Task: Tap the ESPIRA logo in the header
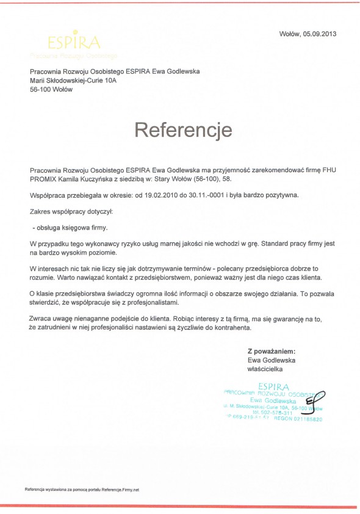tap(74, 42)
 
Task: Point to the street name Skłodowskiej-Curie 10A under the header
tap(81, 80)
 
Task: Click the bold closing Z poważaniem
tap(272, 352)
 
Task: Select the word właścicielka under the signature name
tap(265, 369)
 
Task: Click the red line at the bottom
tap(180, 506)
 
